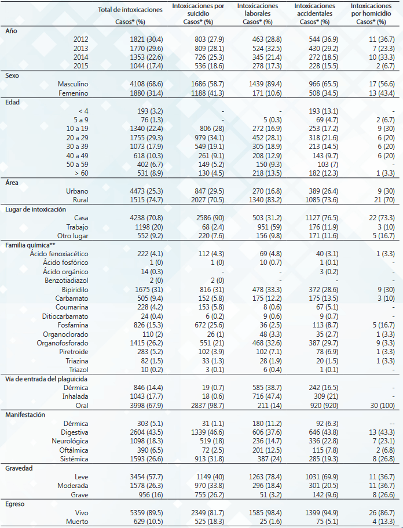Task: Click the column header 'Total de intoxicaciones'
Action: click(130, 10)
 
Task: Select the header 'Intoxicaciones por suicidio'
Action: click(198, 10)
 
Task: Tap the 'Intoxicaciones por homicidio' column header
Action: click(371, 10)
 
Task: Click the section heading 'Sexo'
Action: click(12, 75)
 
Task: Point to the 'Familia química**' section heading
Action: click(27, 245)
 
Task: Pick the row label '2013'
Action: click(80, 49)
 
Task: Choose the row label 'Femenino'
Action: click(74, 93)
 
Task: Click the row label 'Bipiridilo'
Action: click(75, 290)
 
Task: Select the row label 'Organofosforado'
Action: click(63, 343)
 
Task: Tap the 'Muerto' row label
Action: click(77, 522)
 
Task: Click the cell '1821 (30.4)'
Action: click(146, 39)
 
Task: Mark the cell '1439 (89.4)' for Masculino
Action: click(265, 84)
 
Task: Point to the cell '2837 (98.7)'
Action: click(207, 406)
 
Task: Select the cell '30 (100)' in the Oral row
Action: click(383, 406)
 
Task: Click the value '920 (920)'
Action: click(324, 406)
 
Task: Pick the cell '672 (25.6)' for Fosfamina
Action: click(209, 325)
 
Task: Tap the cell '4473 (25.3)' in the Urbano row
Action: click(146, 191)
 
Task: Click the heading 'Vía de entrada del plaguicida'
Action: click(46, 379)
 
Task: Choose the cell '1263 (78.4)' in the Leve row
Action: click(265, 477)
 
